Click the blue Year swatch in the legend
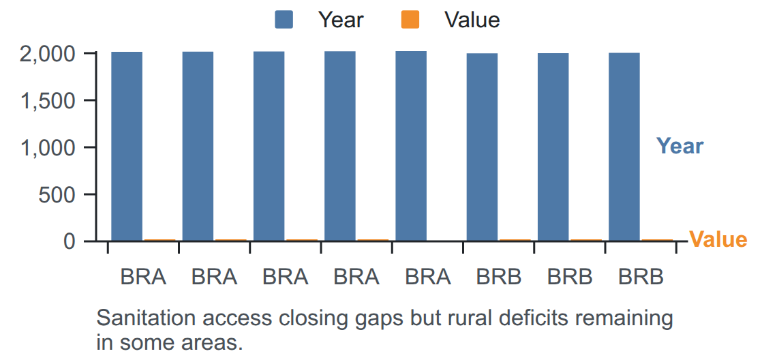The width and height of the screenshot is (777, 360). [x=284, y=20]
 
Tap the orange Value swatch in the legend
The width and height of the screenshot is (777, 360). [x=410, y=20]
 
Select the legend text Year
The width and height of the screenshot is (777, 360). [x=341, y=20]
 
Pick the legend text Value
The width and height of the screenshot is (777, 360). [x=472, y=20]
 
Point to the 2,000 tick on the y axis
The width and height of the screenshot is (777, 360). [x=48, y=54]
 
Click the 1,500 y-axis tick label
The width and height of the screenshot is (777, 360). [x=48, y=101]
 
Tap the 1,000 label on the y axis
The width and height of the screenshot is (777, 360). [x=48, y=148]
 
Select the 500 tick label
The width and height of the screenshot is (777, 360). [x=57, y=194]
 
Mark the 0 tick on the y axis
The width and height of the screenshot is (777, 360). [x=70, y=241]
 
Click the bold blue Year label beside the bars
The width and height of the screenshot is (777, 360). [x=680, y=147]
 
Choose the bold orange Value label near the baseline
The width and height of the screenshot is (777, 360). [x=718, y=239]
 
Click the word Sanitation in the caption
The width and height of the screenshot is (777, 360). [x=137, y=318]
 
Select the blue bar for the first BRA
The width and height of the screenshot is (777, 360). [x=127, y=147]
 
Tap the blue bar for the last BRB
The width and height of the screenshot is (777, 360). [x=624, y=147]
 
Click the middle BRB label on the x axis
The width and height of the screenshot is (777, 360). [x=570, y=277]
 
